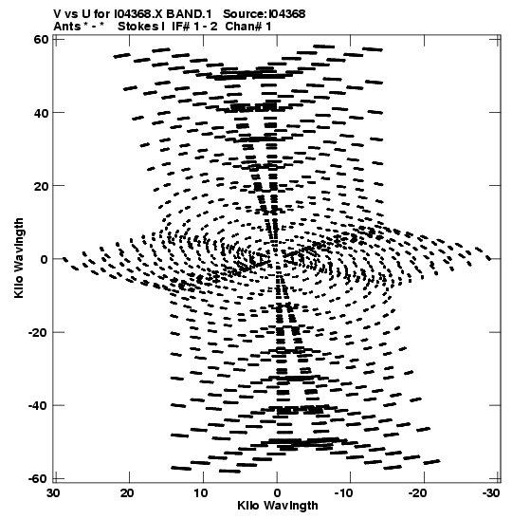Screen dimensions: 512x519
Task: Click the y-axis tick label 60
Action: [41, 40]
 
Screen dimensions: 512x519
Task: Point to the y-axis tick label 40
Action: [41, 113]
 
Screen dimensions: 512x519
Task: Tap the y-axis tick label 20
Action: [41, 186]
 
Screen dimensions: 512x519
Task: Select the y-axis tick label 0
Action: [45, 259]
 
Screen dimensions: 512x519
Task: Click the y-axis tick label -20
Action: [38, 332]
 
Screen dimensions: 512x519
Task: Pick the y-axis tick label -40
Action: [38, 405]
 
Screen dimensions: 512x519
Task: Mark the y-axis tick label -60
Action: [38, 478]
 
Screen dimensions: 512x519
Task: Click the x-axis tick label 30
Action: [54, 493]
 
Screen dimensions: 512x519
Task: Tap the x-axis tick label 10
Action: [201, 493]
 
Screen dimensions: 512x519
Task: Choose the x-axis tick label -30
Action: [491, 493]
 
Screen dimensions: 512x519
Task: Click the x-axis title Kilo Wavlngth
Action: [278, 506]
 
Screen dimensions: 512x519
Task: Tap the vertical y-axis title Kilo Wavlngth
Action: [19, 258]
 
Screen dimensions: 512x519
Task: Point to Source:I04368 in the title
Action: [264, 14]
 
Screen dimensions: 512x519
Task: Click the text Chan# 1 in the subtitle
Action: [248, 27]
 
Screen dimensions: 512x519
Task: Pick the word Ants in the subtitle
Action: [67, 27]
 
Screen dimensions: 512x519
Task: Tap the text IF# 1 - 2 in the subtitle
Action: [194, 27]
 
